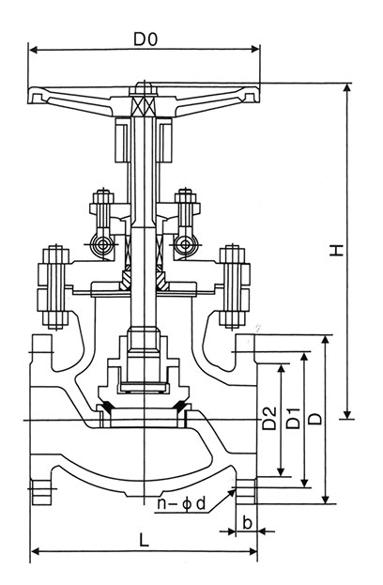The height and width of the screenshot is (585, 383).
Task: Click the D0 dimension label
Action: pyautogui.click(x=146, y=38)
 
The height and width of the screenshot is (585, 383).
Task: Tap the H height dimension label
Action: pyautogui.click(x=337, y=250)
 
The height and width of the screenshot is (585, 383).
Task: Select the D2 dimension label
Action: pyautogui.click(x=269, y=418)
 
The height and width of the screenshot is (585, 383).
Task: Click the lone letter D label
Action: pyautogui.click(x=315, y=419)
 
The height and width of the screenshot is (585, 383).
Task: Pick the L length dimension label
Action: pyautogui.click(x=144, y=540)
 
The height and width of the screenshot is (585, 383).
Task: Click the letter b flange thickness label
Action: pyautogui.click(x=247, y=523)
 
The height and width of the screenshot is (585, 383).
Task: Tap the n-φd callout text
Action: pyautogui.click(x=181, y=503)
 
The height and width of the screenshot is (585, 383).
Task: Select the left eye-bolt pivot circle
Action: pyautogui.click(x=101, y=245)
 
